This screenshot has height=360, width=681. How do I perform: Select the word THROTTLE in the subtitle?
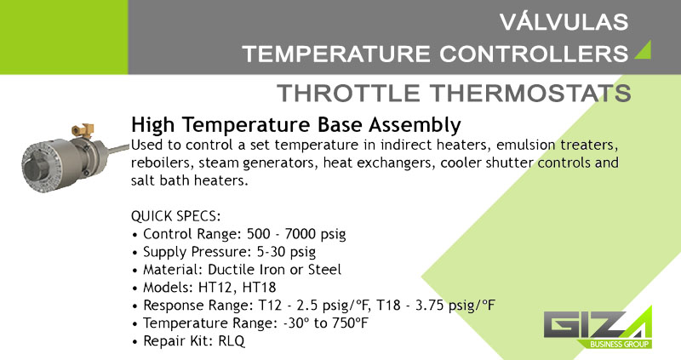pyautogui.click(x=349, y=93)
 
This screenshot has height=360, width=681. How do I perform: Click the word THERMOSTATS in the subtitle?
pyautogui.click(x=530, y=93)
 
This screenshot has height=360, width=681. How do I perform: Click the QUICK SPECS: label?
pyautogui.click(x=176, y=216)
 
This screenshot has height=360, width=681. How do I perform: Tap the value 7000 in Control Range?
pyautogui.click(x=300, y=234)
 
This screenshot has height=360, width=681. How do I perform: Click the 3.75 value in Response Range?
pyautogui.click(x=430, y=305)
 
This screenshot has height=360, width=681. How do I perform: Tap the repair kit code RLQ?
pyautogui.click(x=232, y=340)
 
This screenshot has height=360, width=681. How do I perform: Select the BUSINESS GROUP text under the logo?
pyautogui.click(x=620, y=345)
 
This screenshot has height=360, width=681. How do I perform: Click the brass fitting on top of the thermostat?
pyautogui.click(x=83, y=130)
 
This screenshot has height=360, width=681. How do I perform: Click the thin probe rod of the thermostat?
pyautogui.click(x=117, y=149)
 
